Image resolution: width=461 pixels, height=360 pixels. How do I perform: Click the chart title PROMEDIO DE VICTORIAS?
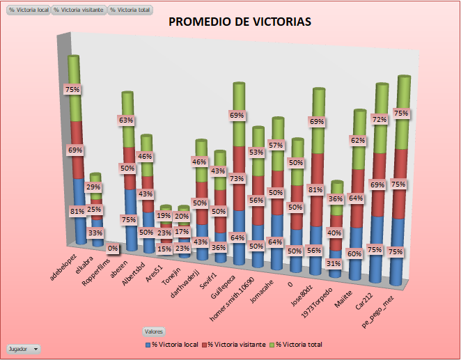pyautogui.click(x=240, y=22)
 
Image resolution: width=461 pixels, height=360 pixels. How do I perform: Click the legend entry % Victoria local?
pyautogui.click(x=172, y=345)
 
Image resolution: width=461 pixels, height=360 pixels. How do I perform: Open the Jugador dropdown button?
pyautogui.click(x=23, y=348)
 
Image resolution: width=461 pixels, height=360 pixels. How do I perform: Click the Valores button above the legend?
pyautogui.click(x=153, y=331)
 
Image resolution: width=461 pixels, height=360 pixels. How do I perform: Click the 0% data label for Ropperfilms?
pyautogui.click(x=112, y=248)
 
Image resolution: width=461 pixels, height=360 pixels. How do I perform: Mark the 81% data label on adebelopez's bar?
pyautogui.click(x=77, y=211)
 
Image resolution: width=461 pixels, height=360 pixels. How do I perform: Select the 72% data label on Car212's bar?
pyautogui.click(x=380, y=120)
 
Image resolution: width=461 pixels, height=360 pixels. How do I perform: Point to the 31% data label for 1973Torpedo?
pyautogui.click(x=333, y=264)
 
